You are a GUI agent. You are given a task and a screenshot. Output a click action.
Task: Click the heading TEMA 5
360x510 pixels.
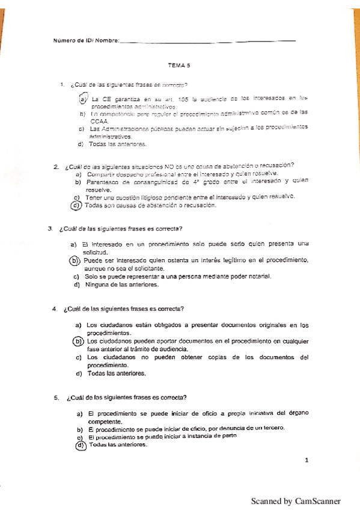[180, 69]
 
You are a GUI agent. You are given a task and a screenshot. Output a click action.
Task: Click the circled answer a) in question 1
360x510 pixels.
[84, 98]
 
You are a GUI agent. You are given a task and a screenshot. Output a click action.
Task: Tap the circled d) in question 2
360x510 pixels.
[76, 206]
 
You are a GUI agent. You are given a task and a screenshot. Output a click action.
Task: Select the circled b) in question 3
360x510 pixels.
[75, 260]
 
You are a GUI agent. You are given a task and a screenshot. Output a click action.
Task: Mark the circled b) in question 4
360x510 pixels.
[78, 342]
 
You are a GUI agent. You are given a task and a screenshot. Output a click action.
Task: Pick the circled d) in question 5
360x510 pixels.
[80, 446]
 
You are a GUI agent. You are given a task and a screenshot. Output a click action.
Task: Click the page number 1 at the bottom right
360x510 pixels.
[307, 461]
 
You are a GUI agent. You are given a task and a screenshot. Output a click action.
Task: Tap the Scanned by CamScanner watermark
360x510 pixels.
[296, 501]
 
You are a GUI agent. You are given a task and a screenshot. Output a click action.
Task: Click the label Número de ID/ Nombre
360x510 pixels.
[86, 41]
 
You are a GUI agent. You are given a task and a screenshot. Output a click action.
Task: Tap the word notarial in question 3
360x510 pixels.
[260, 276]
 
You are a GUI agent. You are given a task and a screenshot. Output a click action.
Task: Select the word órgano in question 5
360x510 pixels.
[296, 414]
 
